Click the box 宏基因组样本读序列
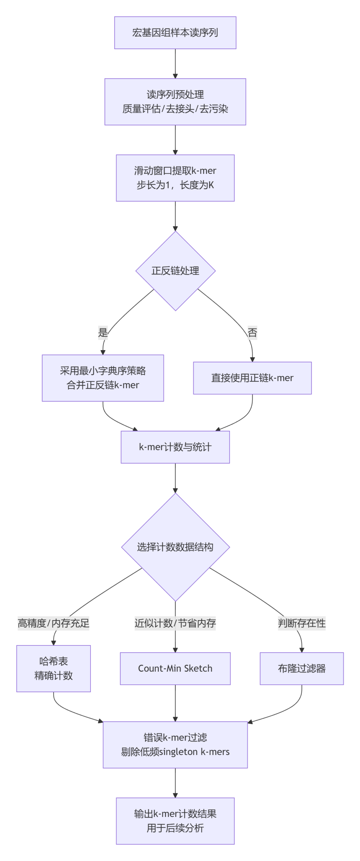(x=175, y=33)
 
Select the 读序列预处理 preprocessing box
(x=175, y=102)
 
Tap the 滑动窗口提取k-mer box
(x=175, y=178)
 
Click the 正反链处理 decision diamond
(x=175, y=271)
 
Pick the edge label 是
(x=103, y=333)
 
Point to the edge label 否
(x=252, y=333)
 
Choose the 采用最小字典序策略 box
(x=103, y=378)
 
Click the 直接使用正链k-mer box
(x=252, y=378)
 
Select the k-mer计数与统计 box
(x=175, y=447)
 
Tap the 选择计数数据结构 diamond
(x=175, y=547)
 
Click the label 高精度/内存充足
(x=53, y=623)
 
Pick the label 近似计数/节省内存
(x=175, y=623)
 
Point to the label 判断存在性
(x=301, y=623)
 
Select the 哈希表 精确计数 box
(x=53, y=668)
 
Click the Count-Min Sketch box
(x=175, y=668)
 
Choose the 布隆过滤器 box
(x=301, y=668)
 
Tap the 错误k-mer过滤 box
(x=175, y=745)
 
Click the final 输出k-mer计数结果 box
(x=175, y=821)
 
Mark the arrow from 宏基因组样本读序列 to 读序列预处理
(x=175, y=64)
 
